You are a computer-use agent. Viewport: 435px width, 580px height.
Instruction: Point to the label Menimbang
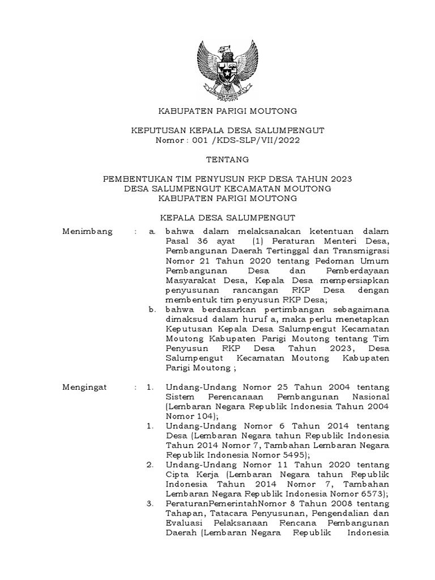(x=88, y=231)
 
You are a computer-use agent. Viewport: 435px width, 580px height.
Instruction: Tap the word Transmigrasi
(x=361, y=251)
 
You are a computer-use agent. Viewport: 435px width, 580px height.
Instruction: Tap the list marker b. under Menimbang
(x=152, y=310)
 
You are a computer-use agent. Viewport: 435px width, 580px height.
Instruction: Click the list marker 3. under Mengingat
(x=150, y=504)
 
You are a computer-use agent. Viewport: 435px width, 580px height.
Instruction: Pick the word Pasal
(x=177, y=241)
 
